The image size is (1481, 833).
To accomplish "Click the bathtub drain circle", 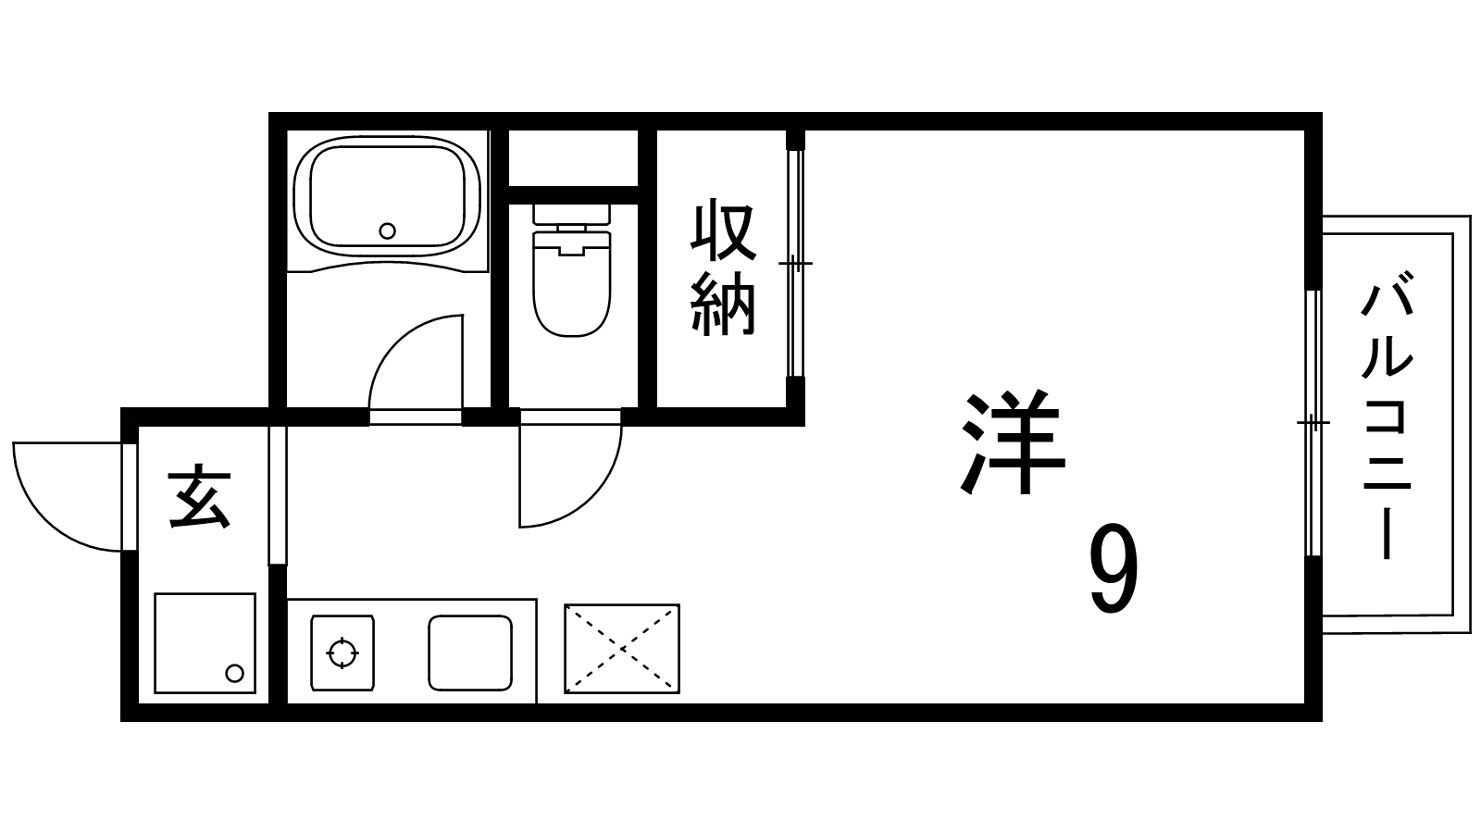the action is click(388, 230).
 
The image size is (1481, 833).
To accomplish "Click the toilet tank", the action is click(571, 214).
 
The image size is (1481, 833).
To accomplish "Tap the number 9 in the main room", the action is click(1114, 569).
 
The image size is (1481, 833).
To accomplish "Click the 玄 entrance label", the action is click(200, 501).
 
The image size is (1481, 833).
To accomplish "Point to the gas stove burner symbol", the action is click(342, 653).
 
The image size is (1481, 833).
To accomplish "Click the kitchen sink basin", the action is click(470, 653).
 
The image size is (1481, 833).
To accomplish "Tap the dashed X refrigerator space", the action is click(621, 649).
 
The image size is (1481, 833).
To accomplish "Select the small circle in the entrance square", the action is click(235, 674).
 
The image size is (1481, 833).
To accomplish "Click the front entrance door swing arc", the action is click(66, 496).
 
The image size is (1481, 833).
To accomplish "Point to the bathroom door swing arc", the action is click(416, 362).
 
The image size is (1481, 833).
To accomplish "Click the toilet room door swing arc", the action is click(570, 475).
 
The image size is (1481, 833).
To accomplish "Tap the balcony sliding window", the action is click(1313, 423).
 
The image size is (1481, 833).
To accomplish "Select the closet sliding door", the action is click(795, 264).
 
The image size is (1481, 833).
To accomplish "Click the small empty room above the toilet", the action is click(573, 158).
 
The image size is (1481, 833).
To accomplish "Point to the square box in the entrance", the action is click(205, 643).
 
